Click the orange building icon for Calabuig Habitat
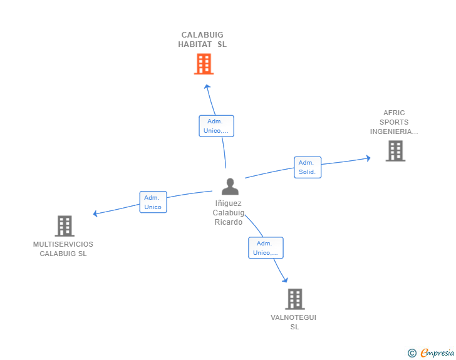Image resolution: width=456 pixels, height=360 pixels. click(x=204, y=64)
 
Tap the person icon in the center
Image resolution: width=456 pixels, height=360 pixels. click(x=230, y=187)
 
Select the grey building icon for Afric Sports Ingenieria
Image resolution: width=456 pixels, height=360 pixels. click(x=395, y=151)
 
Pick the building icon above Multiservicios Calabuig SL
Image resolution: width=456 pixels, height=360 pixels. click(x=64, y=226)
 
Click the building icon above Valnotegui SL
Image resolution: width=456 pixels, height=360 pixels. click(x=294, y=299)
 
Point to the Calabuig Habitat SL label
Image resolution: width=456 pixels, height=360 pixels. click(x=202, y=39)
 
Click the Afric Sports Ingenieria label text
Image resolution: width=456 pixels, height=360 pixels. click(x=394, y=122)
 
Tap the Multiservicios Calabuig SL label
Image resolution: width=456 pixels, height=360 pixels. click(x=63, y=249)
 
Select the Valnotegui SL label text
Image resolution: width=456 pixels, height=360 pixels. click(x=294, y=322)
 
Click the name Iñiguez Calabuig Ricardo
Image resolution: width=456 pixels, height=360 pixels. click(x=229, y=212)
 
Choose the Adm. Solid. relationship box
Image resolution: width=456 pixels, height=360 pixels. click(x=308, y=167)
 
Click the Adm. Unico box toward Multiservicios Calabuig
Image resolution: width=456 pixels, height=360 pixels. click(x=153, y=202)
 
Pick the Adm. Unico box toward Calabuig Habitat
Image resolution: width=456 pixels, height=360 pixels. click(x=216, y=126)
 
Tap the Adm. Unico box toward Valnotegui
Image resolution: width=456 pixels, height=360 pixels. click(x=266, y=248)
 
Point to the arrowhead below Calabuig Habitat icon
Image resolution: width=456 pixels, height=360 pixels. click(x=207, y=86)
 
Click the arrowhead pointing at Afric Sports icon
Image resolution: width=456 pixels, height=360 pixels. click(x=368, y=158)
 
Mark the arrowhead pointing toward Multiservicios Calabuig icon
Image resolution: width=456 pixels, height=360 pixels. click(x=96, y=213)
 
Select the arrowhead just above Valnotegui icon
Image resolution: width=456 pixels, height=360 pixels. click(x=286, y=280)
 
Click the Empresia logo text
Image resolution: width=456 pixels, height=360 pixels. click(x=437, y=353)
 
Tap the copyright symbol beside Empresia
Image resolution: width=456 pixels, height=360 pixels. click(x=412, y=353)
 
